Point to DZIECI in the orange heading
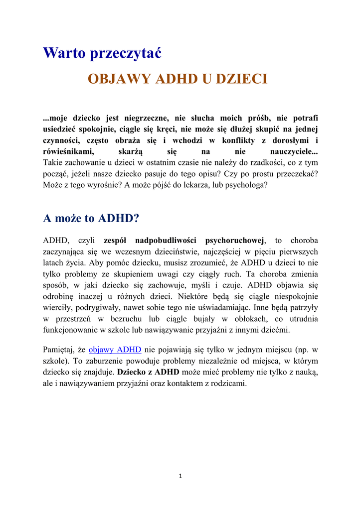(242, 79)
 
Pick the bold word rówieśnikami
(69, 151)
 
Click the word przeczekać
(294, 173)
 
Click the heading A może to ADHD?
(91, 218)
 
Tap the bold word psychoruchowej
(235, 241)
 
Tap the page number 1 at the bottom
(180, 476)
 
